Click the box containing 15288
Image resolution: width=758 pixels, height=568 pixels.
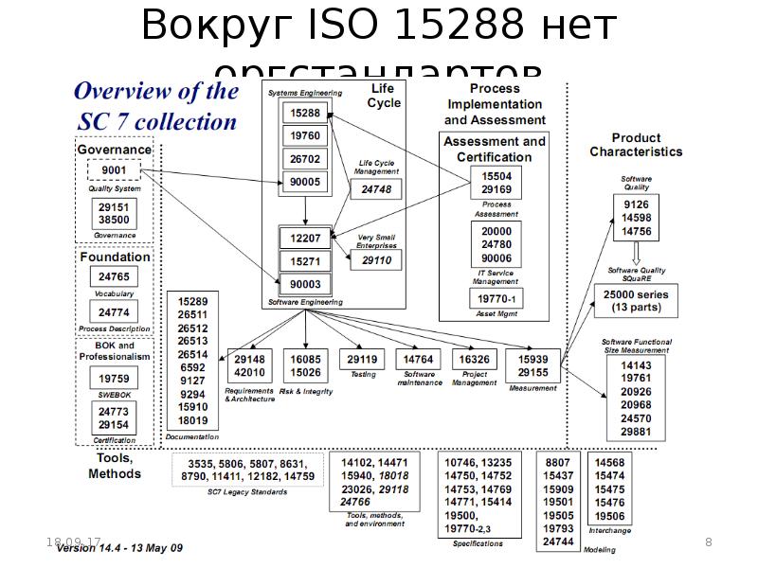click(x=305, y=113)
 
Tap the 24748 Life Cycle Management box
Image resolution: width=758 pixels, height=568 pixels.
click(x=376, y=189)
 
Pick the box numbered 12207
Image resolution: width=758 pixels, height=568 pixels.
click(x=305, y=238)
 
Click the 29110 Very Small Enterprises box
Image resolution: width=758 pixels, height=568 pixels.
click(x=376, y=259)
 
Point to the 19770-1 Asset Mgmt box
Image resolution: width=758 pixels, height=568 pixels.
click(x=496, y=299)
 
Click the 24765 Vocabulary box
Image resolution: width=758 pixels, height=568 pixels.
click(x=114, y=276)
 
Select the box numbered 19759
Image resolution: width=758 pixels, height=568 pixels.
click(x=114, y=379)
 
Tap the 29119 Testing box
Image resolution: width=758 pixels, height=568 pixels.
click(x=362, y=360)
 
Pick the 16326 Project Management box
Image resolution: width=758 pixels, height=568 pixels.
click(x=474, y=360)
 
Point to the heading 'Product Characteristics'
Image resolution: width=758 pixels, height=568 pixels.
click(x=635, y=145)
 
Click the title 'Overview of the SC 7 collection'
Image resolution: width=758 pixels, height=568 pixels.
click(x=155, y=106)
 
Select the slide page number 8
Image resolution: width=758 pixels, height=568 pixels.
click(x=709, y=541)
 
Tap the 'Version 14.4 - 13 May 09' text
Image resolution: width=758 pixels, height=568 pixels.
click(x=119, y=549)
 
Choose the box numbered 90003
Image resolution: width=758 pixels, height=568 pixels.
click(x=305, y=283)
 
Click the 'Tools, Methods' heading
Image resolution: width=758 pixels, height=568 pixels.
click(x=115, y=466)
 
